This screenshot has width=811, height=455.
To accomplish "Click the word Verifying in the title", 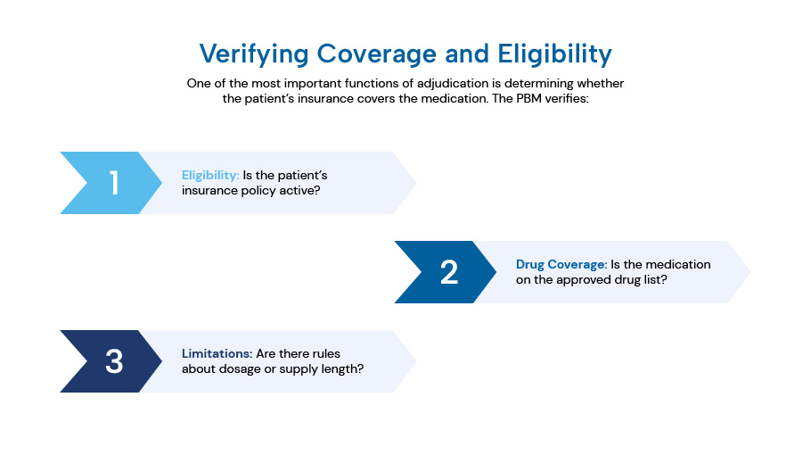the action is click(254, 54).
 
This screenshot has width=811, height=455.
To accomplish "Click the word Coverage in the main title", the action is click(377, 54).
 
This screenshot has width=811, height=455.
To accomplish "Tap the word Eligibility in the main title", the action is click(555, 54).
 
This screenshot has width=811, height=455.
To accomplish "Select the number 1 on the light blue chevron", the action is click(114, 183).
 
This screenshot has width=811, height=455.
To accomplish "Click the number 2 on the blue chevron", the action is click(449, 272).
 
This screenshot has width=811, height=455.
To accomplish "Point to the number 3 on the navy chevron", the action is click(114, 361).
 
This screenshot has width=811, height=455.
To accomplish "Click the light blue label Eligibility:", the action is click(210, 176).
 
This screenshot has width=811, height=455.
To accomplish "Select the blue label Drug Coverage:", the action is click(561, 264).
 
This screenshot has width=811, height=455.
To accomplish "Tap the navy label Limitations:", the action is click(217, 353).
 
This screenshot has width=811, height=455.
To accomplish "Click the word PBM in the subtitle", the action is click(528, 98).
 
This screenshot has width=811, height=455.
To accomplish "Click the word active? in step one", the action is click(300, 191).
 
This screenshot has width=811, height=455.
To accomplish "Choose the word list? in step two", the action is click(655, 279).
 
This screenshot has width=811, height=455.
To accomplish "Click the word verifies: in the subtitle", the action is click(566, 98).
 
